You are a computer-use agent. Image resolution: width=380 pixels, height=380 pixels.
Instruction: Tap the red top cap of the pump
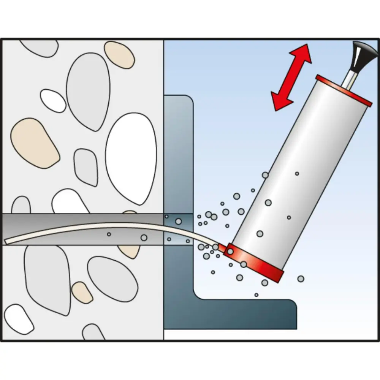344,90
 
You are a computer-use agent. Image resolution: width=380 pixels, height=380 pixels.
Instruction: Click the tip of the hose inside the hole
8,241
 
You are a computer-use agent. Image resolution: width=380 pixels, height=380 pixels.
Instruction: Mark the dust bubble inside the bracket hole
178,221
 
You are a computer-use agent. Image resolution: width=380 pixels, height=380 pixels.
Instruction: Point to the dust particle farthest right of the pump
301,279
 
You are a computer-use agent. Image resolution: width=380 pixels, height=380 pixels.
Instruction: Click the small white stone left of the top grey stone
53,100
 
